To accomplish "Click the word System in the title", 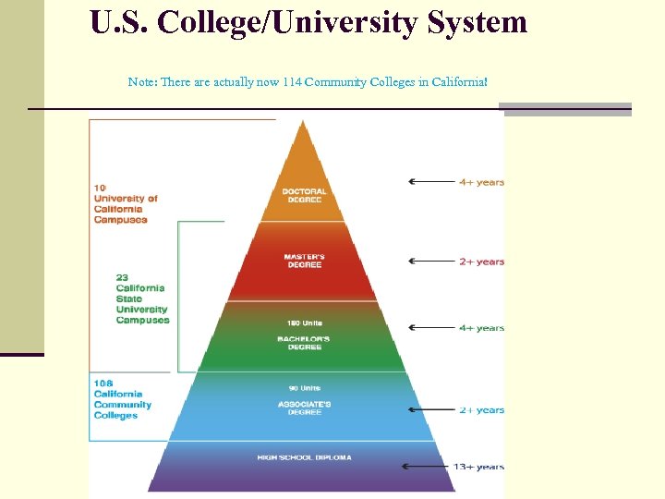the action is tap(478, 21).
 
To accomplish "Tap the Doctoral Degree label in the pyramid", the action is tap(305, 196).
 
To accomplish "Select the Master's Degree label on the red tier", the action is tap(304, 261).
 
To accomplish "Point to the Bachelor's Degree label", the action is tap(304, 343).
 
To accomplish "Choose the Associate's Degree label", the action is tap(304, 408).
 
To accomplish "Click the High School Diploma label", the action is tap(304, 457).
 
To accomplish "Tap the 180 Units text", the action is tap(304, 323).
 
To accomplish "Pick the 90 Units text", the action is tap(304, 388).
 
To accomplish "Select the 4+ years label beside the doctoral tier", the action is tap(482, 182).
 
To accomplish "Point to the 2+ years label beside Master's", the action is tap(482, 262).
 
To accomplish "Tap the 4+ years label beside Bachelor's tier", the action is tap(482, 328).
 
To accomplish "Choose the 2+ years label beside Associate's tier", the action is tap(482, 410).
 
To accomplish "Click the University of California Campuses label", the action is tap(126, 204).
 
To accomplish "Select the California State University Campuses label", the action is tap(143, 298).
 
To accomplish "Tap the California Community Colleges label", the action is tap(122, 399).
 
